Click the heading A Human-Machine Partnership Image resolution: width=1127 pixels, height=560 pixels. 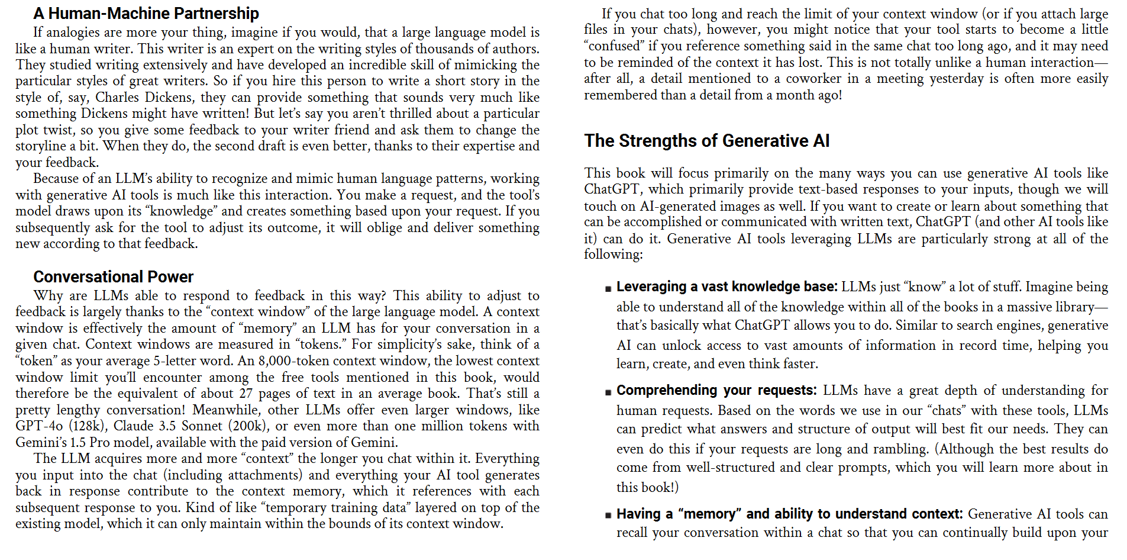(x=146, y=13)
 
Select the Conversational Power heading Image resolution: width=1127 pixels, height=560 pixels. (x=113, y=276)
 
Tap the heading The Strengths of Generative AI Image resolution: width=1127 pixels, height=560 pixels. (x=706, y=140)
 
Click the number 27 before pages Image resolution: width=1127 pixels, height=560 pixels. (x=246, y=394)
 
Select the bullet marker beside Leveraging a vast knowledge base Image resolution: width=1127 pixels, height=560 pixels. (x=608, y=289)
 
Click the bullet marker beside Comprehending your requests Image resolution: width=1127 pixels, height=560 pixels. (x=608, y=392)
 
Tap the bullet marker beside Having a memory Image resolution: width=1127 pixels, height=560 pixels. (x=608, y=516)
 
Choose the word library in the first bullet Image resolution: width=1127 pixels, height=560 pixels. (x=1070, y=307)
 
